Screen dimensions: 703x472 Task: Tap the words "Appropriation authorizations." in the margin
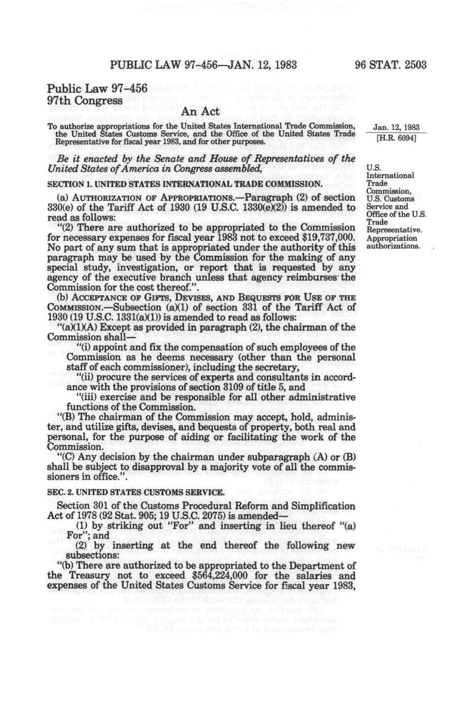coord(393,242)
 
